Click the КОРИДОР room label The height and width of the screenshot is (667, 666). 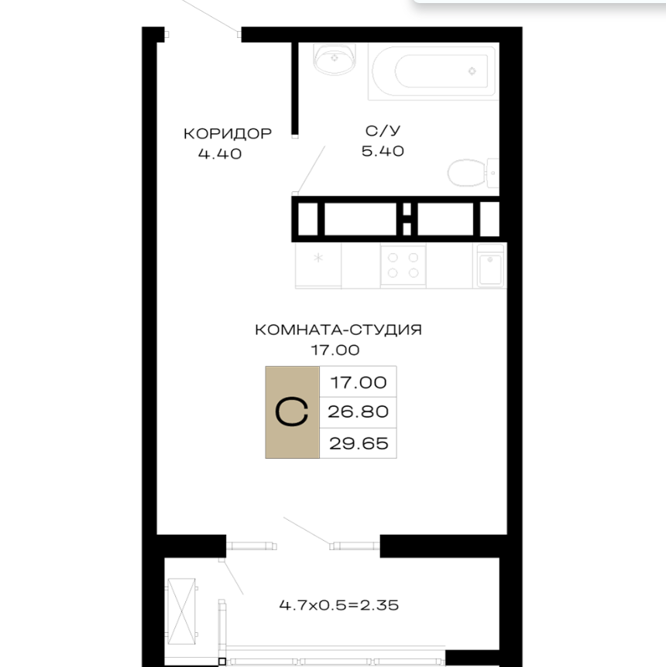click(x=228, y=134)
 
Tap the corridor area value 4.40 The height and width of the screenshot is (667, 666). click(x=220, y=153)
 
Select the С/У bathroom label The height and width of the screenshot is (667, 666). click(x=383, y=131)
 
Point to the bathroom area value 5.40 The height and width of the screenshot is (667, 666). click(x=383, y=151)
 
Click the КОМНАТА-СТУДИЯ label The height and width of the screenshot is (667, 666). click(x=338, y=330)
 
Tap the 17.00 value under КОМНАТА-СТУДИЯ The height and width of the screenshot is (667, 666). click(x=335, y=350)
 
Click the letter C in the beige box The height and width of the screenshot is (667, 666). click(x=292, y=412)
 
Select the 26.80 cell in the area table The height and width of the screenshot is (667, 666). click(x=358, y=412)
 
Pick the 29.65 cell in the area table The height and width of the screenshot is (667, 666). click(x=358, y=443)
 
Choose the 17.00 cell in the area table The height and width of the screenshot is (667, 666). click(x=358, y=382)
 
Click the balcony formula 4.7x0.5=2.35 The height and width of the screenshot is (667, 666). click(x=339, y=605)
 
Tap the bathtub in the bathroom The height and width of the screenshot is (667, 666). click(x=432, y=71)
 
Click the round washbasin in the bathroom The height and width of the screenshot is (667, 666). click(x=335, y=59)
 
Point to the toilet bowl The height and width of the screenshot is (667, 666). click(x=467, y=173)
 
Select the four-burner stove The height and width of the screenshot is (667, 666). click(x=403, y=265)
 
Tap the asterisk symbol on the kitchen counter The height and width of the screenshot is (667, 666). click(x=318, y=258)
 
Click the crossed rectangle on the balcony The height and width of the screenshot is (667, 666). click(x=181, y=611)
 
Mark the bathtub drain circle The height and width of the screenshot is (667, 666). click(x=472, y=71)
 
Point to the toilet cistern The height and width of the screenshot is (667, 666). click(x=493, y=173)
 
